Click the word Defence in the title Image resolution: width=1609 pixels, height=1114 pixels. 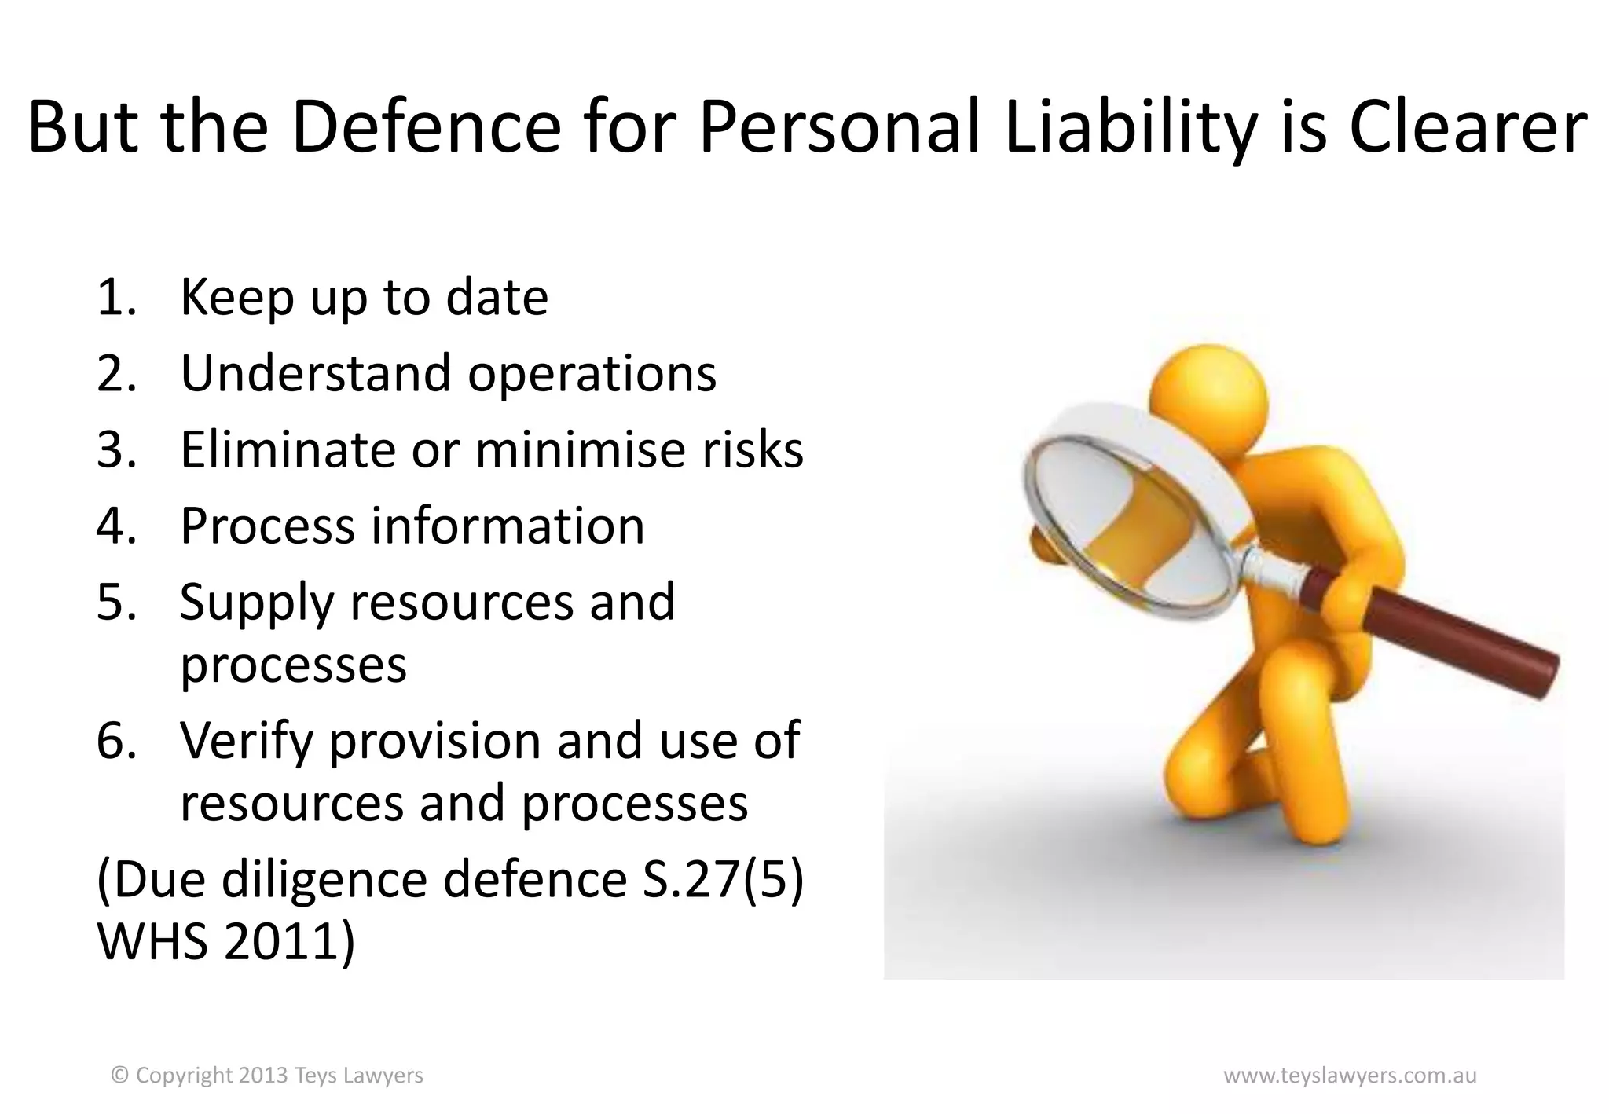click(426, 127)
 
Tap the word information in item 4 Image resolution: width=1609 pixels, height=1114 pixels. click(508, 526)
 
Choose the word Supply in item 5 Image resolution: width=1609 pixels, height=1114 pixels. click(256, 603)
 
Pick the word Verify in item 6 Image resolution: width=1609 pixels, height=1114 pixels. click(247, 741)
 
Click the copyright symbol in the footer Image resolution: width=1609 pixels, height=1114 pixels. click(120, 1075)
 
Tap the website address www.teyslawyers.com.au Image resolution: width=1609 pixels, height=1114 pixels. click(1350, 1075)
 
